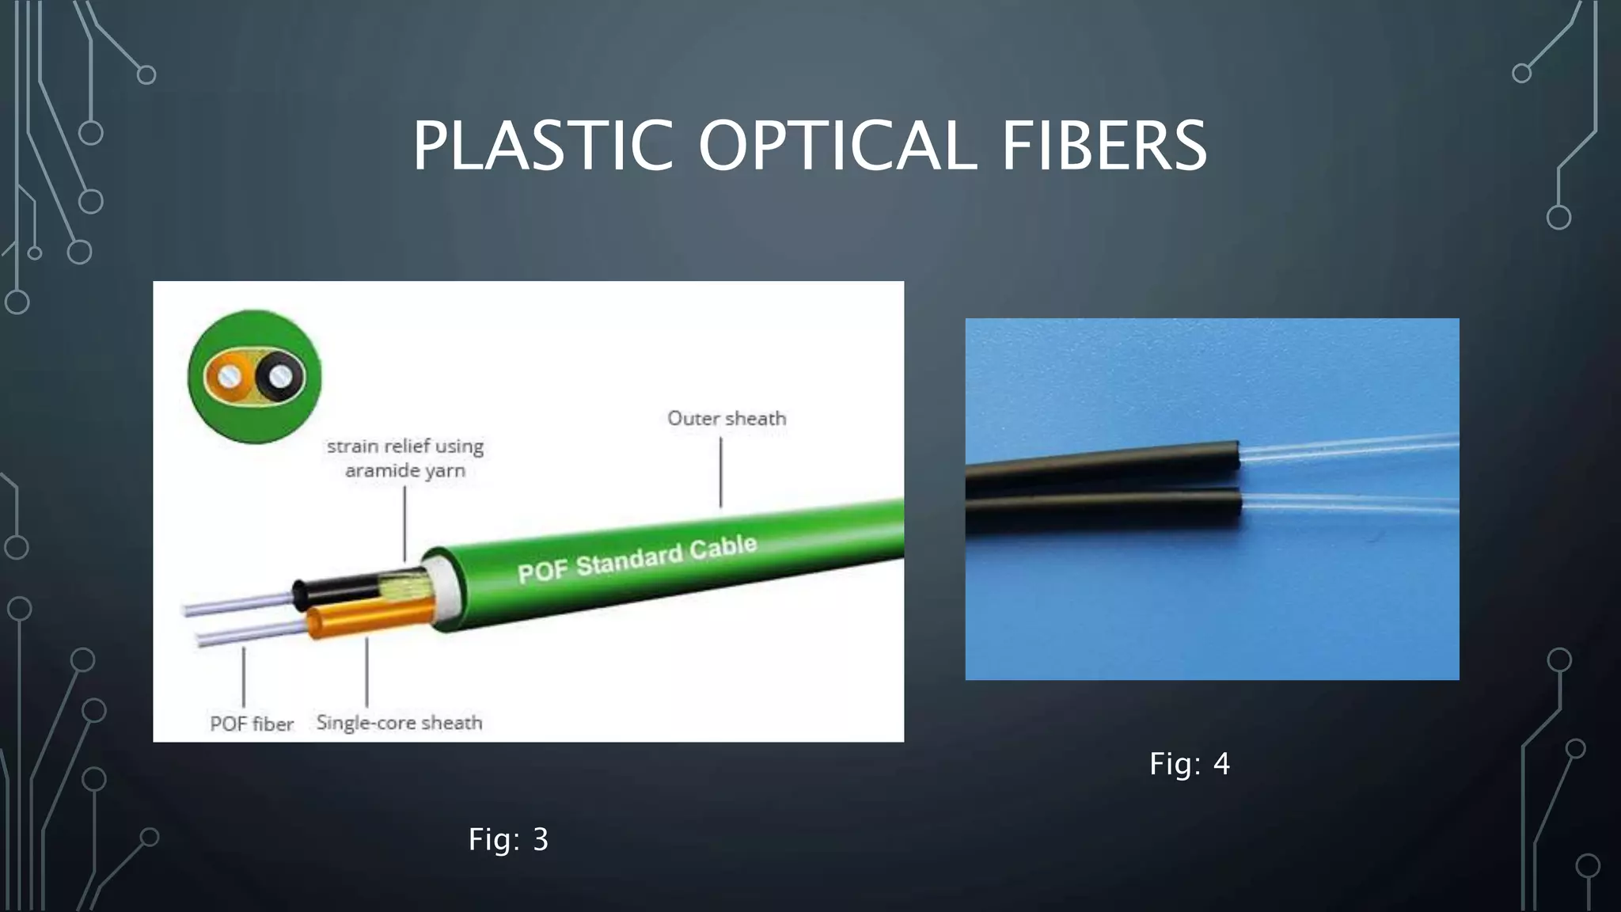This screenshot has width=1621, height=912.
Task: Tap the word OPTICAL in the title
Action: (x=837, y=146)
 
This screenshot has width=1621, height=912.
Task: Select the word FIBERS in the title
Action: (x=1104, y=146)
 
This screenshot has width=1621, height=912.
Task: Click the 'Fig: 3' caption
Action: (x=508, y=839)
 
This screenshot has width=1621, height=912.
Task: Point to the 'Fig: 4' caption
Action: (x=1190, y=764)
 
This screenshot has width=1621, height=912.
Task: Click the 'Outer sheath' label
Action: (x=727, y=418)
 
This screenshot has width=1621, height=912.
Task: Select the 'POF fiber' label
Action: (x=251, y=724)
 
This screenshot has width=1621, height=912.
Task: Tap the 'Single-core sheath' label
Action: (x=399, y=722)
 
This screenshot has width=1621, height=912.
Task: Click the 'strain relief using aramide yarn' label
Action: (x=405, y=458)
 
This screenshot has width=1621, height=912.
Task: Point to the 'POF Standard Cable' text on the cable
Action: (x=637, y=560)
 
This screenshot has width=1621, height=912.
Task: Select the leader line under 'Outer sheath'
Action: (x=721, y=473)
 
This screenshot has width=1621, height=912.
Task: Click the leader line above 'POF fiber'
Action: (x=244, y=677)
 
